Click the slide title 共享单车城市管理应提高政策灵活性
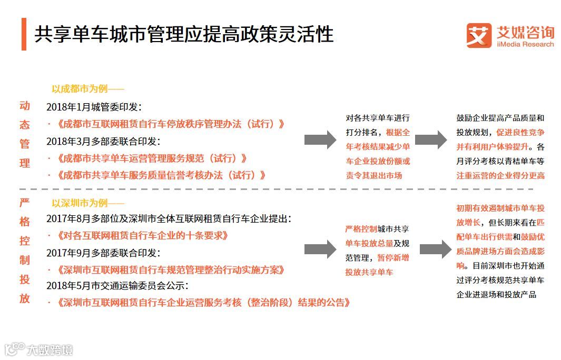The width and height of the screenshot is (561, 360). (184, 34)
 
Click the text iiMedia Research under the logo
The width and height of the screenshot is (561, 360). (525, 45)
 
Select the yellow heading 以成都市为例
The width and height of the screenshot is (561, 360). (87, 89)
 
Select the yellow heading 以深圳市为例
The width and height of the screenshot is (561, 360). (87, 203)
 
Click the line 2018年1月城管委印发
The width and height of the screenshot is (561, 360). (94, 107)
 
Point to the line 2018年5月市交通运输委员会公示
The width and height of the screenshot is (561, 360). (117, 286)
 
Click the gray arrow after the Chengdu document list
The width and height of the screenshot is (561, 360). (320, 139)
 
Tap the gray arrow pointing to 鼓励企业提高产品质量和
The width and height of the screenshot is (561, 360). (430, 139)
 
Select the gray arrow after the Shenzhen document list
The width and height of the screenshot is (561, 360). (320, 249)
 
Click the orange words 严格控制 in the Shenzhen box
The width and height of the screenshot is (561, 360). (361, 229)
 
